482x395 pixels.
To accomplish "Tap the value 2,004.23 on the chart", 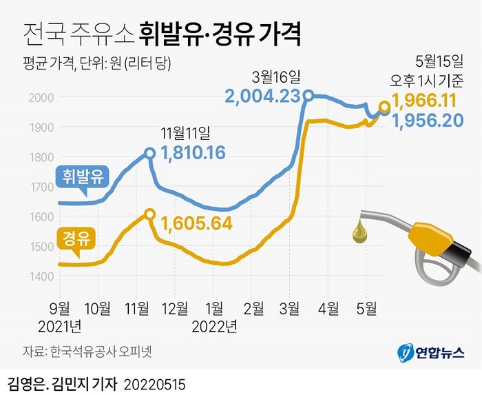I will click(x=263, y=97).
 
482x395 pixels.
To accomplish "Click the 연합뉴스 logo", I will click(x=431, y=352).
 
